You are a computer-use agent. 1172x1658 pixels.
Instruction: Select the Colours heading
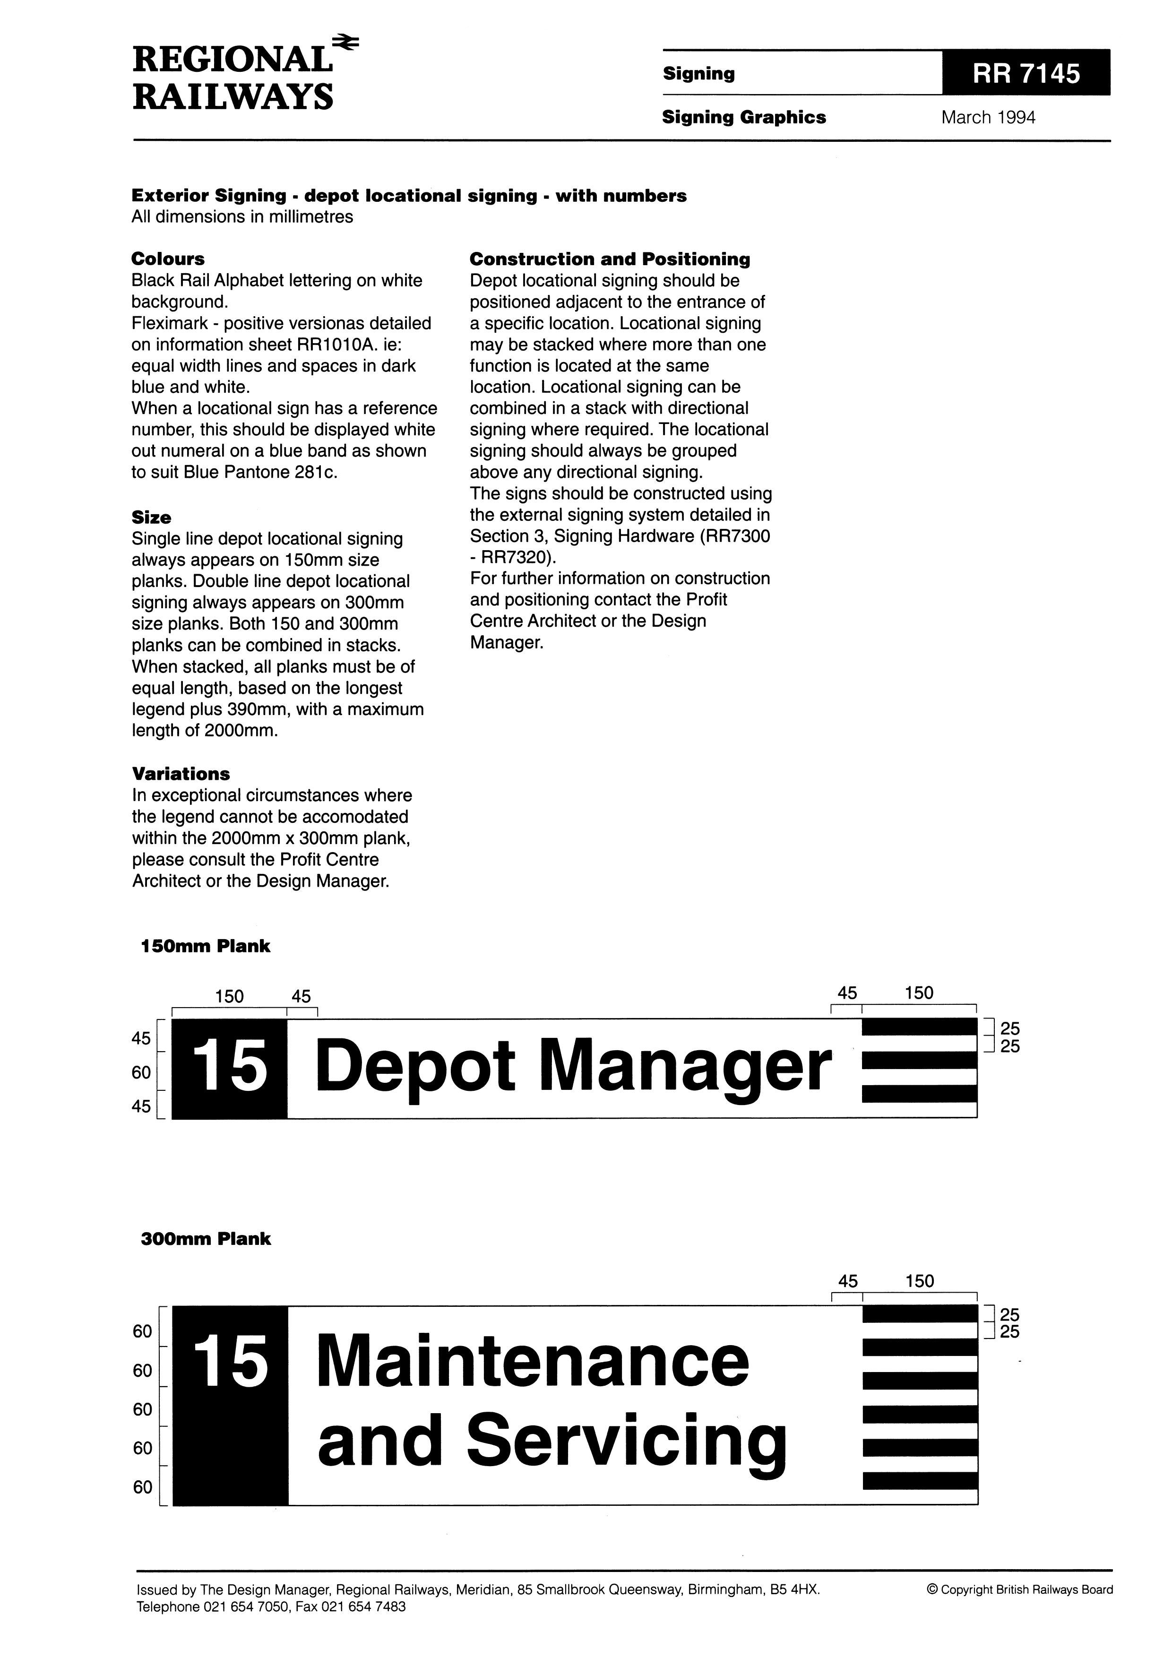click(168, 259)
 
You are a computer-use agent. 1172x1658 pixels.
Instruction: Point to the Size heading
click(151, 517)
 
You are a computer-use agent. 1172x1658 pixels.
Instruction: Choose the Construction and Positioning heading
click(610, 259)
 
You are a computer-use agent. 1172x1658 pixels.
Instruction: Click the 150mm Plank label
click(205, 946)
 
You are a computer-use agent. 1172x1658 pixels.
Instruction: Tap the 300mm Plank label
click(205, 1238)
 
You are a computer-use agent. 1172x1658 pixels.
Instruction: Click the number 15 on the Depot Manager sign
click(230, 1067)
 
